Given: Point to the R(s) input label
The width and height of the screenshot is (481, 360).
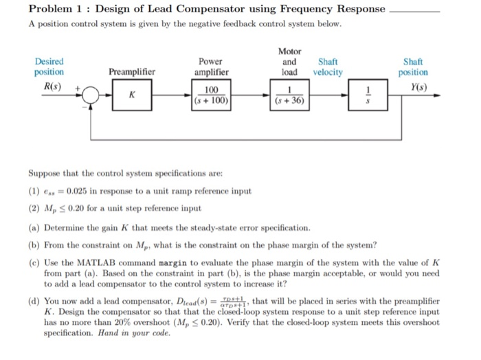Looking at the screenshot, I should tap(49, 87).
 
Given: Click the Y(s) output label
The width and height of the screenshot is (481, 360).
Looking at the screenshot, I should tap(416, 87).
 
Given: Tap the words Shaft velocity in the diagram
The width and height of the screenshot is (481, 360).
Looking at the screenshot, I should tap(328, 67).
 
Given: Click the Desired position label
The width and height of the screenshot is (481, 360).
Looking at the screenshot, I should tap(49, 67).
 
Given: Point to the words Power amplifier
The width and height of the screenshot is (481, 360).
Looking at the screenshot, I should tap(211, 67).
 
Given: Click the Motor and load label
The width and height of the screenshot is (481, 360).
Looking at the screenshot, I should tap(289, 62).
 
